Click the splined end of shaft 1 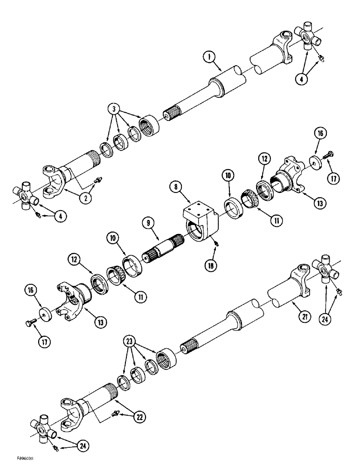click(171, 115)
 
